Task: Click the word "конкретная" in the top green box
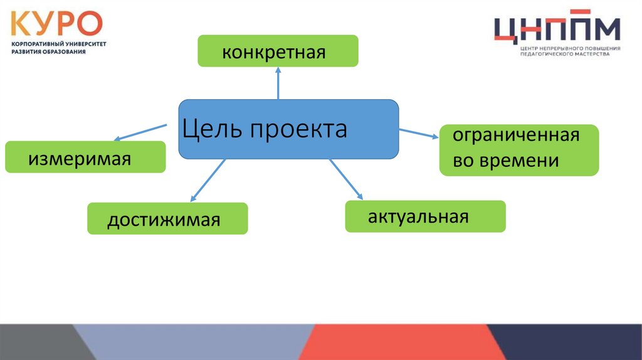[x=273, y=51]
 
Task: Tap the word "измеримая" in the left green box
[x=79, y=159]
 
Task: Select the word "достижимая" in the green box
[x=164, y=220]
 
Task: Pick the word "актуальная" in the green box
[x=418, y=217]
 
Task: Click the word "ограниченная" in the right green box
[x=516, y=135]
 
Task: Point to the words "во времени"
[x=506, y=161]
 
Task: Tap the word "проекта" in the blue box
[x=298, y=130]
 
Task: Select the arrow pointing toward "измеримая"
[x=140, y=132]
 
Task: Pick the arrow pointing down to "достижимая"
[x=208, y=181]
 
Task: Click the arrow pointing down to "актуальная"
[x=346, y=179]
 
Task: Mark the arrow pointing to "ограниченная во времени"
[x=418, y=133]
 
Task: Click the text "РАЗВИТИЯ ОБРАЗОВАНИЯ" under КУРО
[x=48, y=52]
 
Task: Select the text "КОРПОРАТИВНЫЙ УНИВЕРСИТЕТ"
[x=59, y=45]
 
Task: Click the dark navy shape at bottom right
[x=577, y=342]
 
